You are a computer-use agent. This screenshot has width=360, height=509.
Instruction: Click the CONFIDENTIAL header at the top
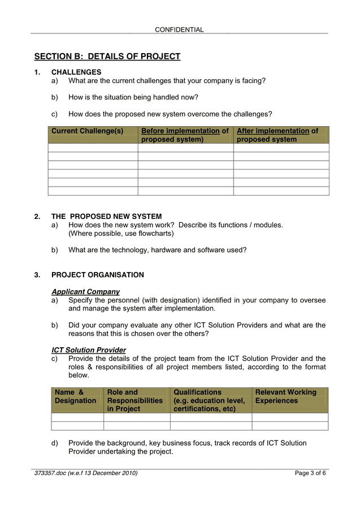pyautogui.click(x=179, y=29)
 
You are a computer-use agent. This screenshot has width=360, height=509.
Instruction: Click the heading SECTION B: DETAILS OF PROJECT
pyautogui.click(x=107, y=57)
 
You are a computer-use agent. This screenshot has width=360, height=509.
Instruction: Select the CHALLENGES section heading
pyautogui.click(x=76, y=72)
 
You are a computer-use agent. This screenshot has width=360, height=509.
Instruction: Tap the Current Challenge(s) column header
pyautogui.click(x=87, y=131)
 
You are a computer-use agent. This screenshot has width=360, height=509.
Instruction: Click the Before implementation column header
pyautogui.click(x=185, y=135)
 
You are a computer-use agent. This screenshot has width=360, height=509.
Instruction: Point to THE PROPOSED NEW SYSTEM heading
pyautogui.click(x=106, y=217)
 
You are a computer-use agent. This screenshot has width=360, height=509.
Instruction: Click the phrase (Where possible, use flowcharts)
pyautogui.click(x=121, y=233)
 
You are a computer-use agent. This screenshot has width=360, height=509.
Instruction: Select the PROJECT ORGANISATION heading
pyautogui.click(x=97, y=275)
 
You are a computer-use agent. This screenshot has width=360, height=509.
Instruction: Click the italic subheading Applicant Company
pyautogui.click(x=85, y=292)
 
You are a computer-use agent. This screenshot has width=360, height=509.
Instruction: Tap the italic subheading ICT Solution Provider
pyautogui.click(x=89, y=350)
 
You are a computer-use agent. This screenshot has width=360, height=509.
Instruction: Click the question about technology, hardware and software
pyautogui.click(x=157, y=250)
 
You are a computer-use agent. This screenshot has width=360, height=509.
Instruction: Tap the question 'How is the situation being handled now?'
pyautogui.click(x=133, y=97)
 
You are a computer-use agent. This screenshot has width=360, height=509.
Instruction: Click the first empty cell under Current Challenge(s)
pyautogui.click(x=93, y=148)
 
